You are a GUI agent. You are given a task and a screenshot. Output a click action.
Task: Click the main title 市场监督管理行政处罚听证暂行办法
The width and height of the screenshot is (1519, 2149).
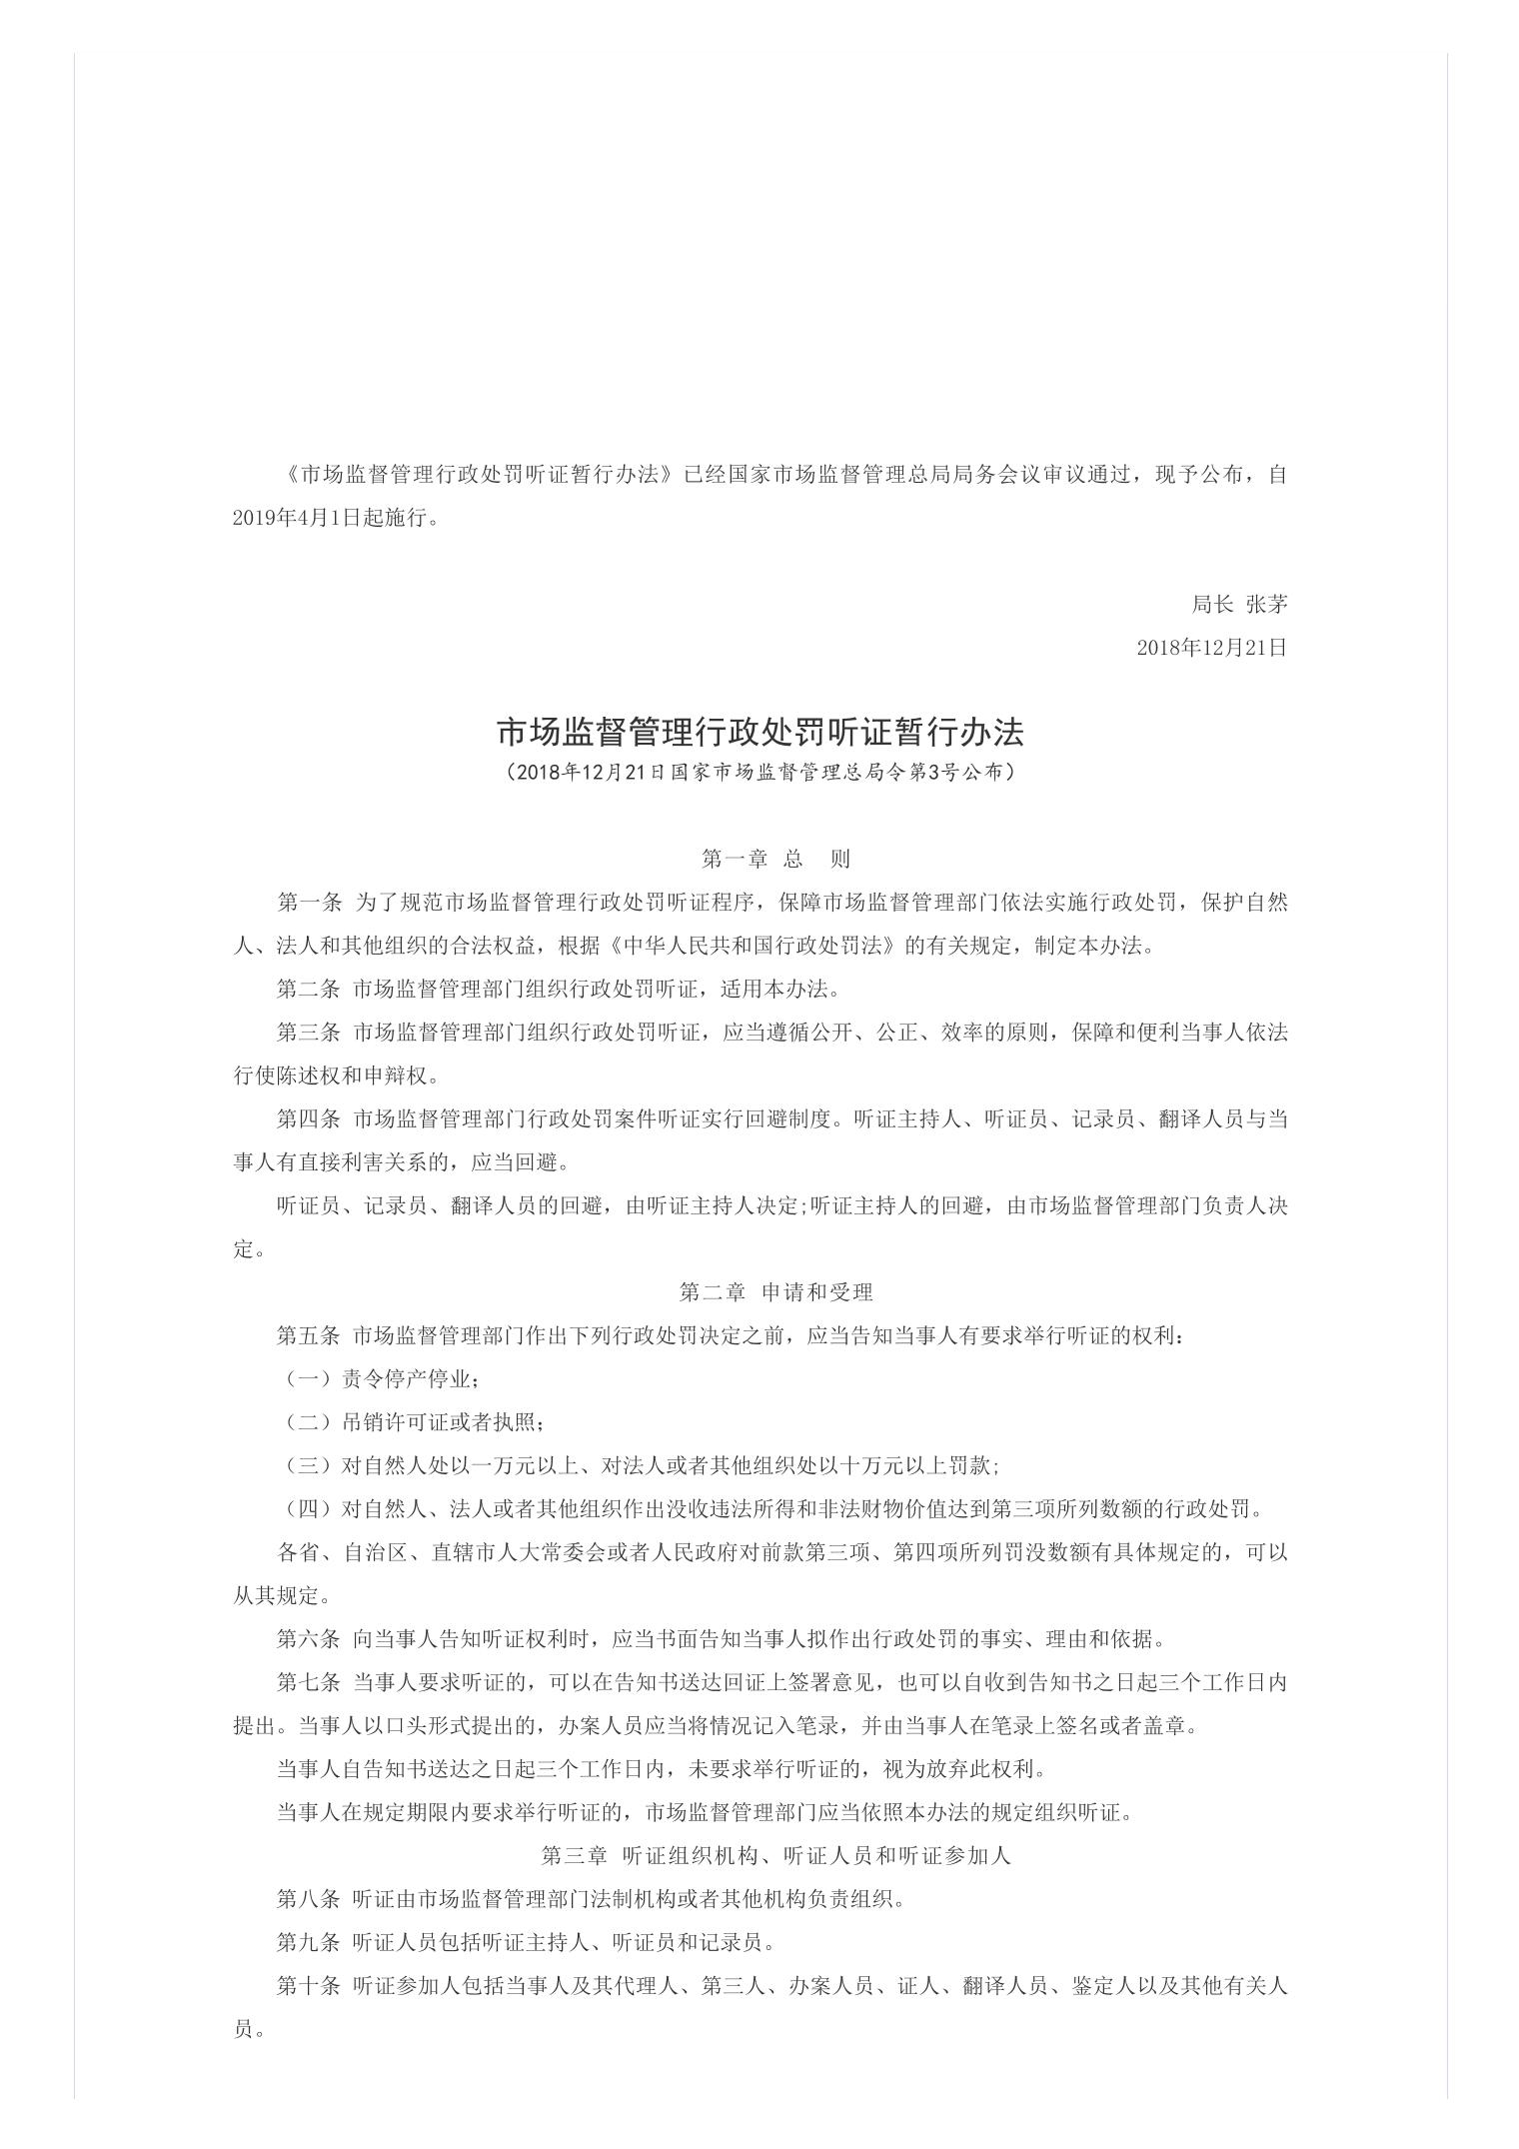pos(759,733)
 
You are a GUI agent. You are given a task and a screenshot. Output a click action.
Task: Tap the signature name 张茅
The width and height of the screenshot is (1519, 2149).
pos(1266,604)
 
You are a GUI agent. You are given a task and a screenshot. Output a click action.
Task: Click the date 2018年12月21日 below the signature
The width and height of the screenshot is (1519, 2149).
pos(1211,648)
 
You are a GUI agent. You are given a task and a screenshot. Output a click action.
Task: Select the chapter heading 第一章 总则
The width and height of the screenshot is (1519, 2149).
pos(774,859)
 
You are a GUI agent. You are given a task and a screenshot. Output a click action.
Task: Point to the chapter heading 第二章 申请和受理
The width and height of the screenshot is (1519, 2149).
pos(775,1292)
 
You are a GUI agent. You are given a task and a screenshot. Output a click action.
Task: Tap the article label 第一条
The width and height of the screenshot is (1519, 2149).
pos(309,903)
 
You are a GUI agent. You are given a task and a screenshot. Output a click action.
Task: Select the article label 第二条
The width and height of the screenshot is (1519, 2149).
pos(309,990)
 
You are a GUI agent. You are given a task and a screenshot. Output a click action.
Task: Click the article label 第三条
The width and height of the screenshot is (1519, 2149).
pos(309,1033)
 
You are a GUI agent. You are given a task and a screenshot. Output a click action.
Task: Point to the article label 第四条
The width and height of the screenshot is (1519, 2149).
pos(309,1119)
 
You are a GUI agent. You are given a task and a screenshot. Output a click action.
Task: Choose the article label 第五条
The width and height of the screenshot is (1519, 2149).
pos(309,1336)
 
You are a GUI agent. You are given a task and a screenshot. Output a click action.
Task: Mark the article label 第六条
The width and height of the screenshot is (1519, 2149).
pos(309,1639)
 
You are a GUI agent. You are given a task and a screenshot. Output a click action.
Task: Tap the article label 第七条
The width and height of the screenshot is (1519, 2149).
pos(309,1683)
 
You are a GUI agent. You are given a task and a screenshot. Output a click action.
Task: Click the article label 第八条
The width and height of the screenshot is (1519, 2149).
pos(309,1899)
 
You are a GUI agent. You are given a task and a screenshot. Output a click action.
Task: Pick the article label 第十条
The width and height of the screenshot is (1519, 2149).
pos(309,1986)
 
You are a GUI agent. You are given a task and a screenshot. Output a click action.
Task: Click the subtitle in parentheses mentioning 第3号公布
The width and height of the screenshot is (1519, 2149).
pos(759,773)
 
